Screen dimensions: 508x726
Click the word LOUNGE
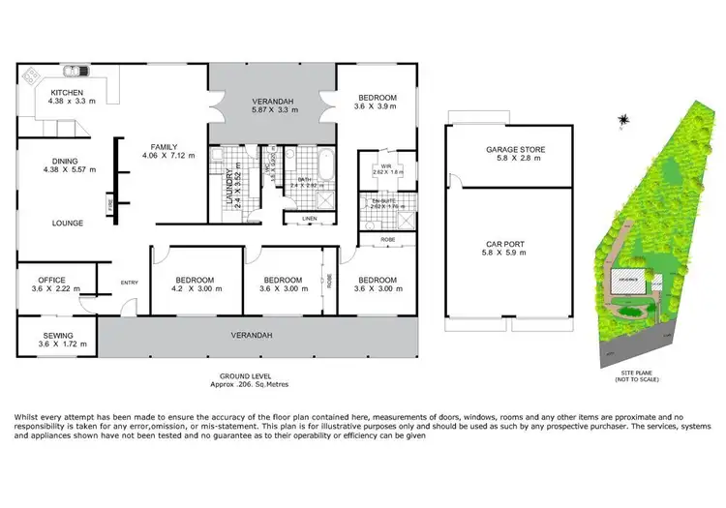[x=68, y=223]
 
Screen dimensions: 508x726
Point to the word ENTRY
[x=129, y=283]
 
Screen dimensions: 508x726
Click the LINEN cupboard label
[x=309, y=219]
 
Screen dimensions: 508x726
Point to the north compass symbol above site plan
[x=624, y=121]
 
